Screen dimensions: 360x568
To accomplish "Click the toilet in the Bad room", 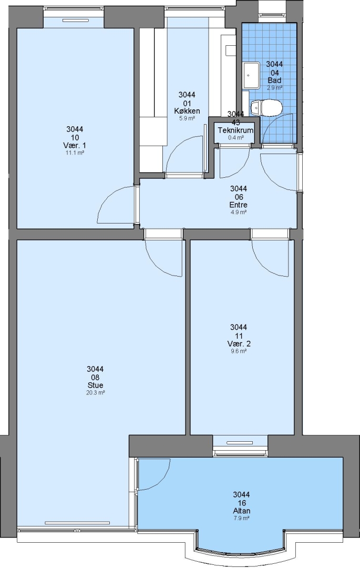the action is tap(267, 108).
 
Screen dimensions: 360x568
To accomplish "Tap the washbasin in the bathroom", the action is tap(251, 75).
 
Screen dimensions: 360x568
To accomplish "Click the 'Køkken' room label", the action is tap(187, 111).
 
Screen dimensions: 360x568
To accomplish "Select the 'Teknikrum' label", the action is tap(235, 130).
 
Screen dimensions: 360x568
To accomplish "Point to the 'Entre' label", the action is tap(239, 205).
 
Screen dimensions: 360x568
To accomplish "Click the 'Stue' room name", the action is tap(95, 385).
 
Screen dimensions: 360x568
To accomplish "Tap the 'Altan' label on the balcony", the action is tap(242, 511).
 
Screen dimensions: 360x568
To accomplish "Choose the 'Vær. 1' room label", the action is tap(75, 145).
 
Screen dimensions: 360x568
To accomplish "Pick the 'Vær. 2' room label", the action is tap(239, 343).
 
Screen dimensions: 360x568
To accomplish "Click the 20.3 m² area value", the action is tap(95, 392).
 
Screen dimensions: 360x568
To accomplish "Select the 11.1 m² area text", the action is tap(75, 153).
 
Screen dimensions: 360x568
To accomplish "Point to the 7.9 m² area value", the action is tap(242, 518).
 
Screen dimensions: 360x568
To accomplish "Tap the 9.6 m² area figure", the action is tap(239, 351).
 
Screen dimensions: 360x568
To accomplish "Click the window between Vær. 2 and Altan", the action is tap(240, 446).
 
